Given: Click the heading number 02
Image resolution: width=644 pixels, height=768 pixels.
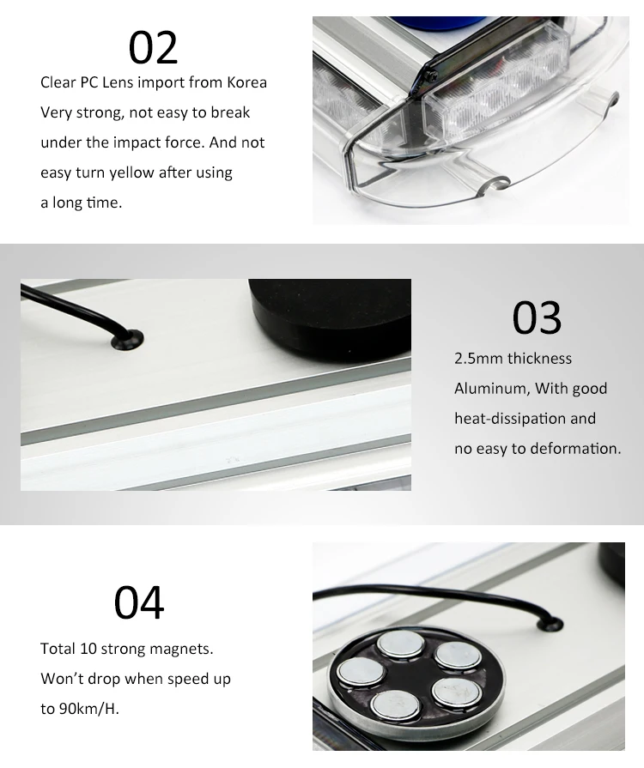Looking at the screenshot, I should [x=154, y=47].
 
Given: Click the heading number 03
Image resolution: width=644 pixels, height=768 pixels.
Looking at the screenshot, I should [x=538, y=317].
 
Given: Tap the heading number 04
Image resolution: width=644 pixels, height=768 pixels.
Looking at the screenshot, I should [x=139, y=602].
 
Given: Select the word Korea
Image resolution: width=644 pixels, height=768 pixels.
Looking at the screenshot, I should [x=246, y=82].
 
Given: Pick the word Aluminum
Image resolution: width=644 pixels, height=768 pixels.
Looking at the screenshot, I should [x=491, y=389].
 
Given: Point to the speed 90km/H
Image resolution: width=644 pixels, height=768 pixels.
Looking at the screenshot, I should [x=92, y=709].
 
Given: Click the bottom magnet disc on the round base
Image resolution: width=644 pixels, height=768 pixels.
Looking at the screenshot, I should [x=395, y=705].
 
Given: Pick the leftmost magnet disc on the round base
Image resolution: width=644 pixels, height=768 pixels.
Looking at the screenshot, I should [x=355, y=672].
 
